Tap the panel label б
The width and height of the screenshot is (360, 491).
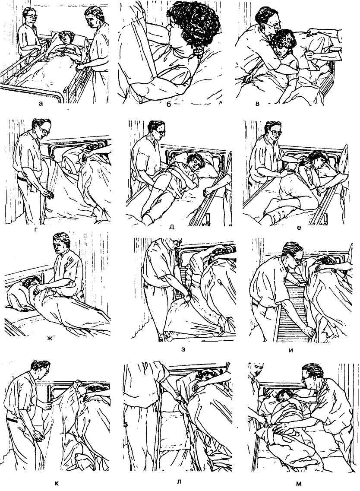tap(168, 104)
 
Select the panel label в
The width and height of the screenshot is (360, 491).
tap(257, 104)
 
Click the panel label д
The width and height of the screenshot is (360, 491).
tap(171, 226)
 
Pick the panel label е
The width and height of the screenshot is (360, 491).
tap(299, 228)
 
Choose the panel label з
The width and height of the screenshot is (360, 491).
tap(183, 349)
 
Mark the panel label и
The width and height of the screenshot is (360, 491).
tap(291, 350)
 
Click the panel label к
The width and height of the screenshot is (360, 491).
tap(57, 484)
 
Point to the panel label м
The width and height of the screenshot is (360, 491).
tap(299, 484)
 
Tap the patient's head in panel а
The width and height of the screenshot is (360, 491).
tap(66, 38)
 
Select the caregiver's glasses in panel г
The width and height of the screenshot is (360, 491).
tap(44, 132)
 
